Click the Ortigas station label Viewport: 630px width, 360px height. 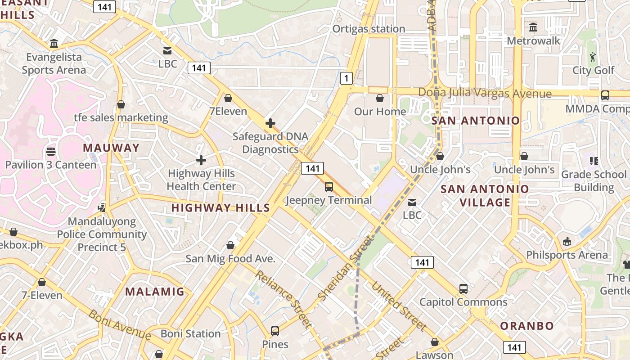(369, 29)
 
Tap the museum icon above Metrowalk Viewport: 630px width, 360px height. (533, 27)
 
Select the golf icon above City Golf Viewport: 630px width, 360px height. (593, 57)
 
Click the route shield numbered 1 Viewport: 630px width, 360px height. (346, 78)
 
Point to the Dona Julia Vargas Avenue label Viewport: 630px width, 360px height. (485, 93)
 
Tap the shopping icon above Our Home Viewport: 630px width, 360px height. (380, 98)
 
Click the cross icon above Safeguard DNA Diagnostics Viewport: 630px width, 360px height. (270, 123)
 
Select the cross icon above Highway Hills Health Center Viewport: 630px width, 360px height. (201, 160)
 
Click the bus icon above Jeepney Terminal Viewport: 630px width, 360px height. (329, 187)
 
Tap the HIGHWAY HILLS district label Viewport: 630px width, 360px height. (220, 208)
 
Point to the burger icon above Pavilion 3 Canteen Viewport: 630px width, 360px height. (51, 152)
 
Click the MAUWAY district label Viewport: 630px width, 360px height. (111, 148)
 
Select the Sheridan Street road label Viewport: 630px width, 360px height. (346, 268)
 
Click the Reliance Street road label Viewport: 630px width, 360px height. (283, 299)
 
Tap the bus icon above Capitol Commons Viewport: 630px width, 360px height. (463, 289)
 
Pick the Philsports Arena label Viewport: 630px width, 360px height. (567, 255)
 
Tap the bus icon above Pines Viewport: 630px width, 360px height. (275, 331)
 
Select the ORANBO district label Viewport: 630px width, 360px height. (527, 325)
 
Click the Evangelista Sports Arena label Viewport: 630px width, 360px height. (54, 63)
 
